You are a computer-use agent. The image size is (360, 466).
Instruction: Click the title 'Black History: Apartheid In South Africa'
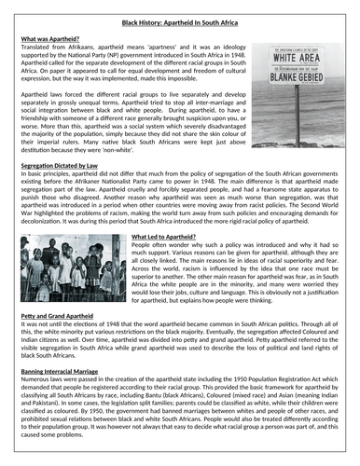pos(181,18)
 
